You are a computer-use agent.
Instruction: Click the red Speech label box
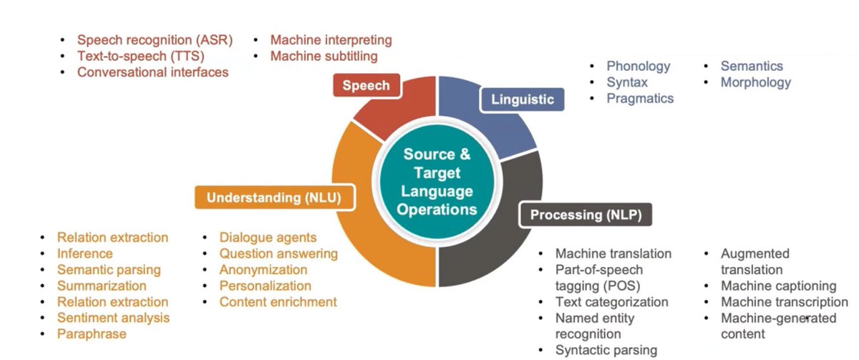click(x=366, y=86)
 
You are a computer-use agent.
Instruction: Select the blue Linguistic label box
click(x=522, y=99)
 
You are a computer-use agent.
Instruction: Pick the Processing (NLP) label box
click(x=586, y=215)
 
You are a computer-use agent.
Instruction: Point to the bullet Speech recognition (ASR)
click(x=155, y=40)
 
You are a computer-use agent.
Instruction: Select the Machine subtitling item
click(x=324, y=56)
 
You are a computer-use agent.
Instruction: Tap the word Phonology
click(x=639, y=66)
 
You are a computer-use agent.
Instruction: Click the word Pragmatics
click(x=640, y=98)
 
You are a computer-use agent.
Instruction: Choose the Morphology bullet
click(x=756, y=82)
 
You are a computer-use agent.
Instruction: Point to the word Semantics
click(x=752, y=66)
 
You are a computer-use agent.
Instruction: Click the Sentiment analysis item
click(x=113, y=318)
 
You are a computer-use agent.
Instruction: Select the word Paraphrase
click(x=92, y=334)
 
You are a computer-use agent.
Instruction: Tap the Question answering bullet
click(x=278, y=253)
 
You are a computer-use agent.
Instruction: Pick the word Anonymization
click(x=263, y=270)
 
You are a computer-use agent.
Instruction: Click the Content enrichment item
click(x=278, y=302)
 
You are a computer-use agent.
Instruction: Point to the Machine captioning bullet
click(x=778, y=286)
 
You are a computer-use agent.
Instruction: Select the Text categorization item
click(x=611, y=302)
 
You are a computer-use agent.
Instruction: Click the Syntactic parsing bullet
click(x=606, y=350)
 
